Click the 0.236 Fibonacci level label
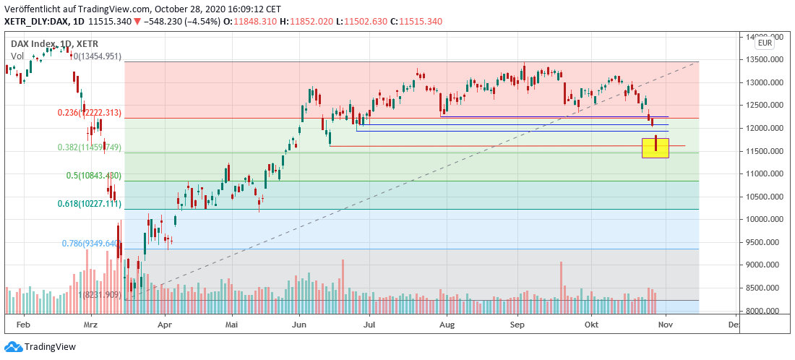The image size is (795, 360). tap(90, 113)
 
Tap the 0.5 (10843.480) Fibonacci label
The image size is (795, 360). tap(93, 176)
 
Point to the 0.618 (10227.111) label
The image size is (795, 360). tap(90, 205)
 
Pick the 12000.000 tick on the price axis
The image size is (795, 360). tap(765, 128)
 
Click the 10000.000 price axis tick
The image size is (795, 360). tap(765, 219)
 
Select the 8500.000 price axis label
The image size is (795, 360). tap(765, 288)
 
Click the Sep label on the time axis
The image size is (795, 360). tap(517, 326)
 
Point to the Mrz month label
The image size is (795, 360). tap(91, 326)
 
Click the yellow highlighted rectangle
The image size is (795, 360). tap(656, 148)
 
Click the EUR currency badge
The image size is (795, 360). tap(766, 43)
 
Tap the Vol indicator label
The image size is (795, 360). tap(17, 55)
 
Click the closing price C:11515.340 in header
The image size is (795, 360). tap(416, 22)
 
